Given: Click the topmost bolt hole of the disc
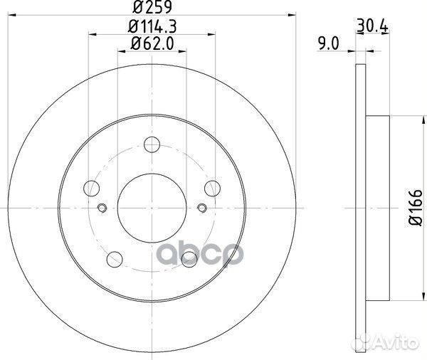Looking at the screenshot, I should point(151,145).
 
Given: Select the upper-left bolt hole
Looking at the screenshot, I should point(91,189).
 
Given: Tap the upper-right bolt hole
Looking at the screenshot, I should point(211,189).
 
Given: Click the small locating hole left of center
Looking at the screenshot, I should point(101,208).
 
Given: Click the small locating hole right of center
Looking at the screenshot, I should point(201,208).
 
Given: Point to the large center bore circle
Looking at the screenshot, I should point(151,208).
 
